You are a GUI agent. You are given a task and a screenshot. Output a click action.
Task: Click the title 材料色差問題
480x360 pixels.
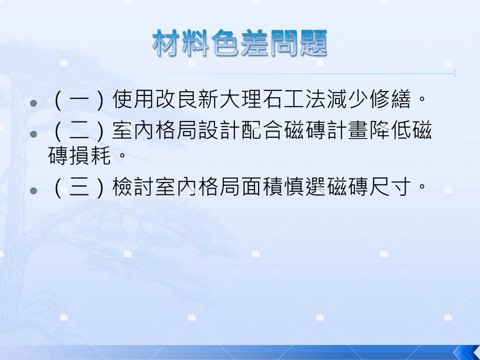point(240,43)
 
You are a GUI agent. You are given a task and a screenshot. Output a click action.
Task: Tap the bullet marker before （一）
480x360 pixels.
point(34,103)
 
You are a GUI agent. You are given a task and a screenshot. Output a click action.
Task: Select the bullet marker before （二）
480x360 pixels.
point(34,134)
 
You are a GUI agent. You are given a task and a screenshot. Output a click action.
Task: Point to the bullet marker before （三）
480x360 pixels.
point(34,191)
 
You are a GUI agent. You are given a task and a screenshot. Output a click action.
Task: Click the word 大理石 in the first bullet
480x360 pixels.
point(252,99)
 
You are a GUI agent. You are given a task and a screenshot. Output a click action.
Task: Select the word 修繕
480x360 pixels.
point(390,99)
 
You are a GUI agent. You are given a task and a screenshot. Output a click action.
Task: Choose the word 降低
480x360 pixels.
point(390,131)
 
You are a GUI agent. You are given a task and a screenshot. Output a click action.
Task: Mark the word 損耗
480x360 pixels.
point(90,156)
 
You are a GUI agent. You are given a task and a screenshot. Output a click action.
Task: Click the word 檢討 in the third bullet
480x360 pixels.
point(134,187)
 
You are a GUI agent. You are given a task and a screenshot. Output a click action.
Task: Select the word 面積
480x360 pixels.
point(263,187)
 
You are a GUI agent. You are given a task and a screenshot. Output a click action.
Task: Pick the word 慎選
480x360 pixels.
point(305,187)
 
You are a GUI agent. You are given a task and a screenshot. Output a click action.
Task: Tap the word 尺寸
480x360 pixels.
point(390,187)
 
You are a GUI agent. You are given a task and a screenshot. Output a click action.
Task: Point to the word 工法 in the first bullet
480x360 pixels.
point(305,99)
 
